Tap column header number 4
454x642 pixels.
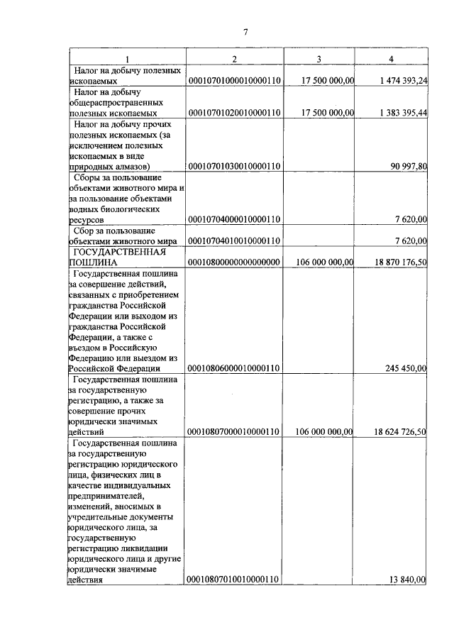point(392,58)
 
